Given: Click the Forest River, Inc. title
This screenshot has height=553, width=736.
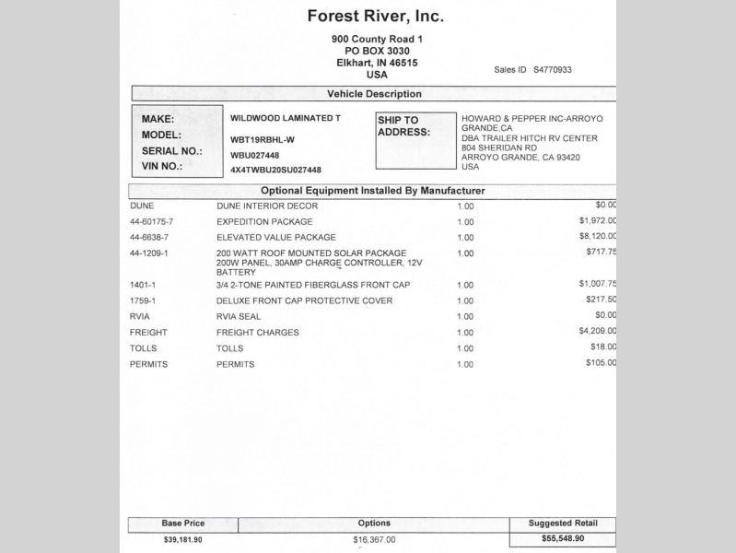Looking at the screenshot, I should [375, 17].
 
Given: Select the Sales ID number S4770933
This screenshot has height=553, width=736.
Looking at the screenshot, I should [553, 69].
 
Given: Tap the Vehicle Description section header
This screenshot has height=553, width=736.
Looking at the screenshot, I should [374, 94].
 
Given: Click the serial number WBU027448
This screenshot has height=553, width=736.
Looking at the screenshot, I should [254, 155].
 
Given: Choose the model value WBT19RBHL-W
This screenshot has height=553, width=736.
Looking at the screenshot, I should [263, 139].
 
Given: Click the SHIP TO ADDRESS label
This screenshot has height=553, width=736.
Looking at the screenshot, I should [404, 126].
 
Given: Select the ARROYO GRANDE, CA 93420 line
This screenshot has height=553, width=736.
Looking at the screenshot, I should [520, 158].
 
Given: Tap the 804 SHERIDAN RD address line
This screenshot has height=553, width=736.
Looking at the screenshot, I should [499, 147].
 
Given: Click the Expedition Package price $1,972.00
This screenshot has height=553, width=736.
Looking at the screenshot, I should [598, 221].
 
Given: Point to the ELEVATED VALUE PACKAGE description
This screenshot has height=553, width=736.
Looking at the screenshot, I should [276, 237].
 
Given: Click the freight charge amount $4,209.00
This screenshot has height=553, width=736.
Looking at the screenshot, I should [598, 331].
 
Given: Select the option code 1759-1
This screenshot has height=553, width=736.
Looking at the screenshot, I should [143, 300].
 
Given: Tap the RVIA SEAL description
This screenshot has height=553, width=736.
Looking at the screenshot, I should [239, 316].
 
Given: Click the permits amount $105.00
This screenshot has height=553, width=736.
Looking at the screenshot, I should [601, 363].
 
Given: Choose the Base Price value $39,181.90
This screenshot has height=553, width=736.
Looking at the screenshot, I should [182, 539].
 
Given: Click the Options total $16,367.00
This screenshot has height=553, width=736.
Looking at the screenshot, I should [374, 539].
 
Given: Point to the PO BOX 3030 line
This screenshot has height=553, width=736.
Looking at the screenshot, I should [377, 51].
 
